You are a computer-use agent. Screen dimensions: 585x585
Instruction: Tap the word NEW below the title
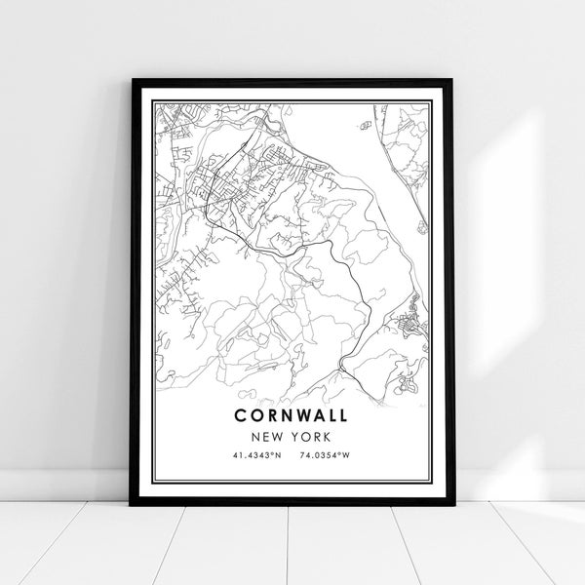[268, 438]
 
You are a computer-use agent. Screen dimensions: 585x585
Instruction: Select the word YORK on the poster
[311, 438]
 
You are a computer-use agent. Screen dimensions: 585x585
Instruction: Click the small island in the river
[366, 125]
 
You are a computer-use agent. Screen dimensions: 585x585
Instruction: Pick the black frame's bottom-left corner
[131, 504]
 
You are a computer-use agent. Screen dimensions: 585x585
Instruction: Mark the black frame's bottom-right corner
[453, 504]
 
